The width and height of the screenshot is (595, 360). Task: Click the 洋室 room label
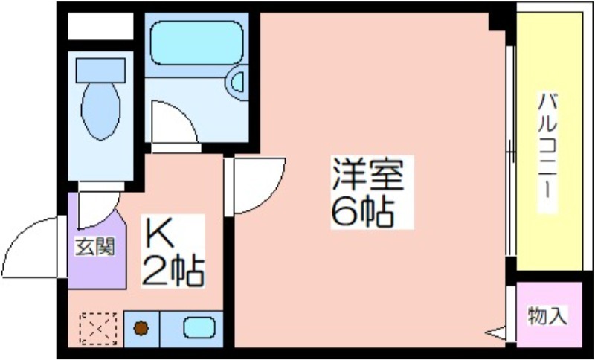367,175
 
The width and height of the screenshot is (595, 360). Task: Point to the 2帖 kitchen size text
173,271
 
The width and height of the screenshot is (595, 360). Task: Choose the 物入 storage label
547,315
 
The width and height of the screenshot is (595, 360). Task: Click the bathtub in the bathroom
196,43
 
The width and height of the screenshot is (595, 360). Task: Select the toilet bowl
101,110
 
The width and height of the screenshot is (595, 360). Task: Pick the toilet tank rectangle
100,70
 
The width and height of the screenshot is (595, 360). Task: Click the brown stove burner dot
141,328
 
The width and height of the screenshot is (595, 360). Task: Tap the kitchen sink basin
199,328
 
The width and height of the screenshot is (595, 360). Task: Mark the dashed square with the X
98,329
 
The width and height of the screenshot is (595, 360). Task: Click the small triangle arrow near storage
495,333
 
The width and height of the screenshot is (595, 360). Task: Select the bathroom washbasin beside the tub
237,83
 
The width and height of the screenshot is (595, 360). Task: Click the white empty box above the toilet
100,26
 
